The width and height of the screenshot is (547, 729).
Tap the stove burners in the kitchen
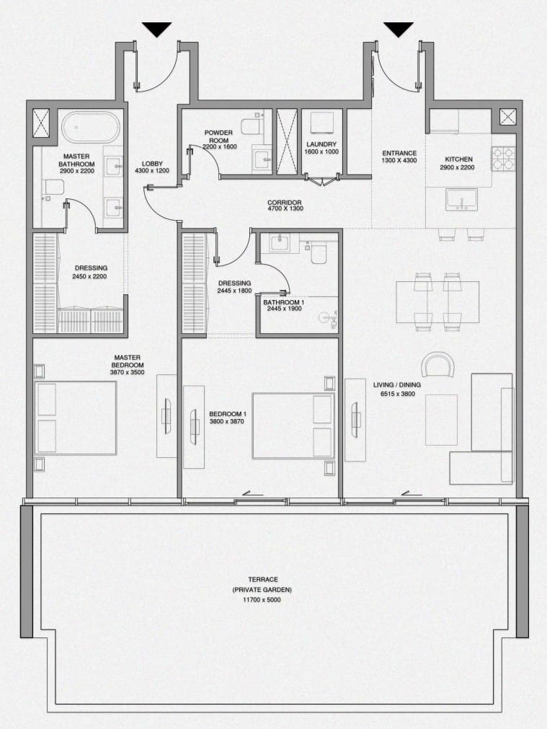click(502, 159)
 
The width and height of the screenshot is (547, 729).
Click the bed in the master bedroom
click(76, 418)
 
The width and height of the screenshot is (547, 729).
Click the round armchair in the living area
click(438, 365)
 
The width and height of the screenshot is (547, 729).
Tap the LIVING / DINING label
click(396, 385)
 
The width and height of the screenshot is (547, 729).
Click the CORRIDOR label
click(285, 203)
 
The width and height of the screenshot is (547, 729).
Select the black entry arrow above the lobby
click(156, 30)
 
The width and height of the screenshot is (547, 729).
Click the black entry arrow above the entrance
click(398, 30)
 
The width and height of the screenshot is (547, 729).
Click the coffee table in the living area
click(441, 420)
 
